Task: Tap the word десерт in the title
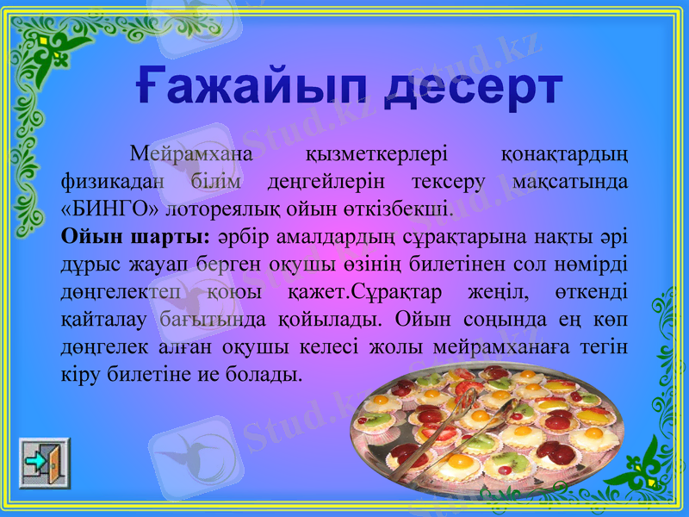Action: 466,88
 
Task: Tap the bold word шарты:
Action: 172,235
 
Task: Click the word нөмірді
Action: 594,262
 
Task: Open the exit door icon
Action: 45,463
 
